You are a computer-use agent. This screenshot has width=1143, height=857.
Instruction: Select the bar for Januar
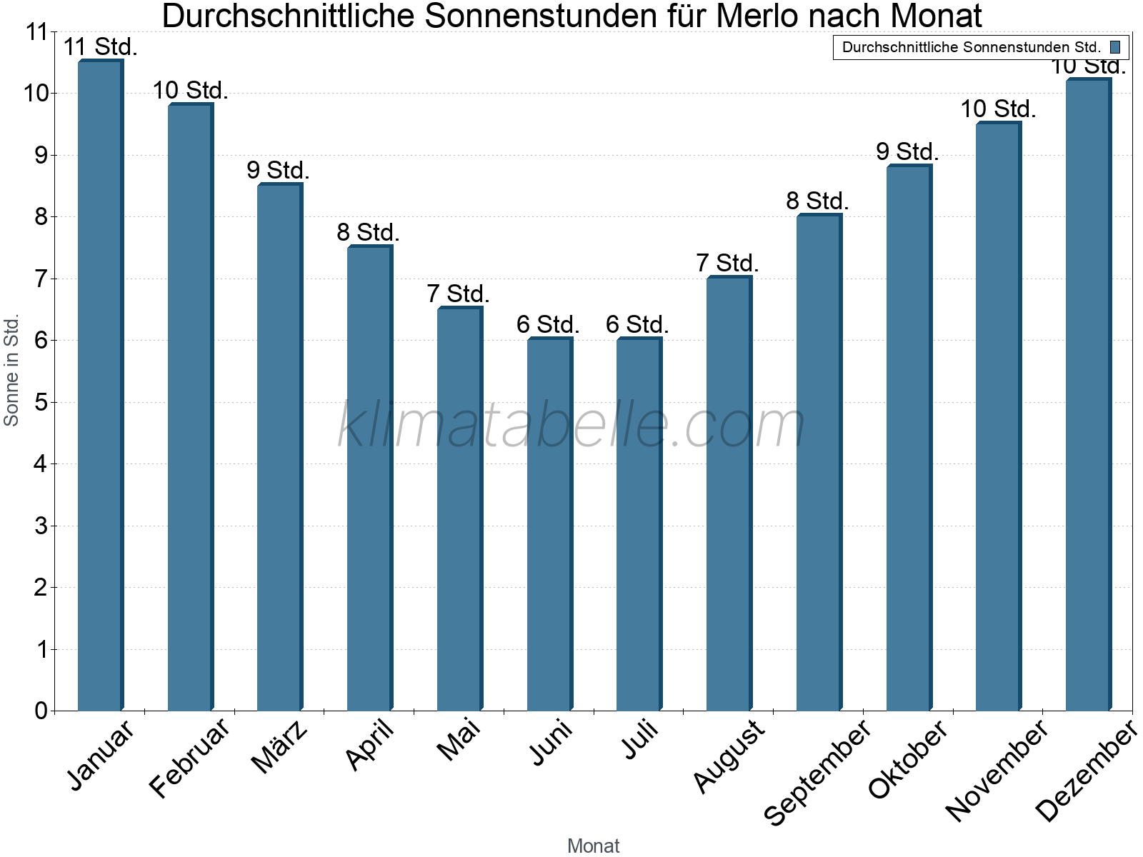point(100,386)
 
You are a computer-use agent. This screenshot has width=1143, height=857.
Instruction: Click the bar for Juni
point(549,525)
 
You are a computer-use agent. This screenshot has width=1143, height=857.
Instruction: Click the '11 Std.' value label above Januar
point(100,47)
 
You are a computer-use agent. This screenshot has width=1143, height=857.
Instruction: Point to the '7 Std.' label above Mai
point(458,294)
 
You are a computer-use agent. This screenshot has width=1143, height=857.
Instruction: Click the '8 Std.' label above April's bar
point(368,232)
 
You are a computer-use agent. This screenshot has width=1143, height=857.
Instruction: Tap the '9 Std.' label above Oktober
point(907,151)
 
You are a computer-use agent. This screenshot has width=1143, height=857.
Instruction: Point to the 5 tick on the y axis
point(41,402)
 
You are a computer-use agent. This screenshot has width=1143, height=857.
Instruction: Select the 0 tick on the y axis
point(41,711)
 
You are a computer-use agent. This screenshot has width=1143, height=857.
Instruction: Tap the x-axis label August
point(728,756)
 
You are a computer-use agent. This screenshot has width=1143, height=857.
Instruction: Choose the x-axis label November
point(997,770)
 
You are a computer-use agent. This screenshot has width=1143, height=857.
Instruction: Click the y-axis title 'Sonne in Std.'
point(11,370)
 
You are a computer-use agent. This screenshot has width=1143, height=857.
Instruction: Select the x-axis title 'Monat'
point(593,846)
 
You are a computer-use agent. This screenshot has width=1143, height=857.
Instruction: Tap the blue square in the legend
point(1115,48)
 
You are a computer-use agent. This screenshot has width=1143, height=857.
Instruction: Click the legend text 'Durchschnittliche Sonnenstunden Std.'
point(971,48)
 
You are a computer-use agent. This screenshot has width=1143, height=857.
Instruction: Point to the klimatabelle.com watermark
point(571,425)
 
